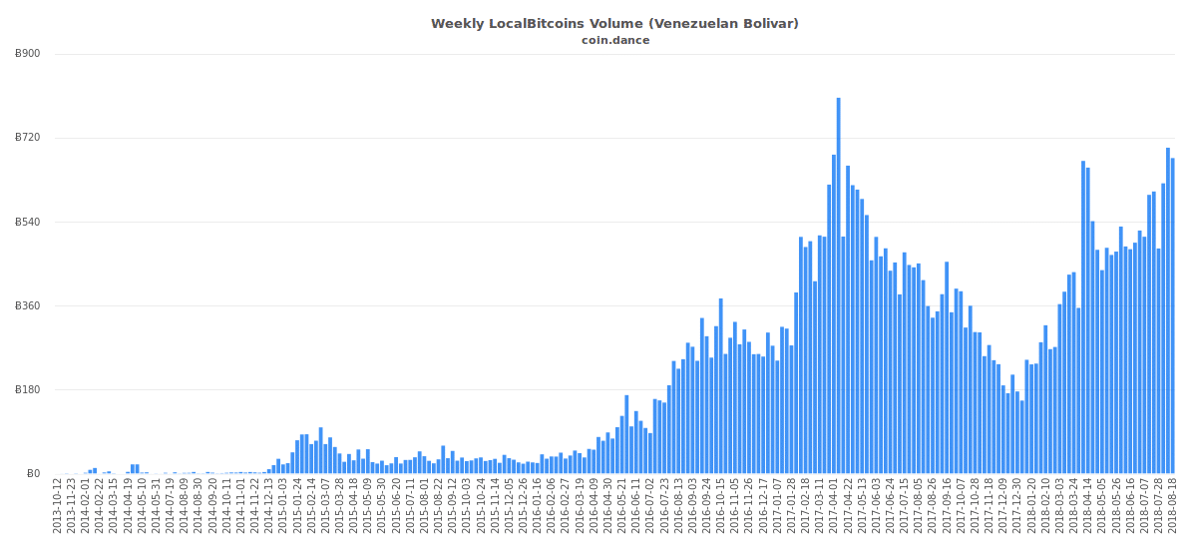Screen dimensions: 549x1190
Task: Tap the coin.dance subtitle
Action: [x=615, y=41]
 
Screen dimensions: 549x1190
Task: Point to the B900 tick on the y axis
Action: [x=28, y=54]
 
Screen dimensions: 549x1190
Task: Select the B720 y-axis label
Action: [x=28, y=138]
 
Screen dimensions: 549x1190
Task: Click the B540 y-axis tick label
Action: [x=28, y=222]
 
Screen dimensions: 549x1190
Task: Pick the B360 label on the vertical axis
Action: [x=28, y=305]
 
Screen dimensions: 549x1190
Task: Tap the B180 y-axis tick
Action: [x=28, y=390]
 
